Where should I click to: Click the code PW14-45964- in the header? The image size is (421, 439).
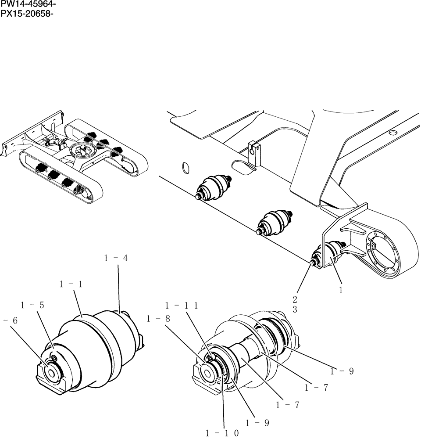pos(28,4)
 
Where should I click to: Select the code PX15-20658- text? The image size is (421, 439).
pos(28,13)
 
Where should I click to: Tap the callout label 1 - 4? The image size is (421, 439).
pos(116,259)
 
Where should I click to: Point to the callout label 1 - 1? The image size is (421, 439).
pos(71,284)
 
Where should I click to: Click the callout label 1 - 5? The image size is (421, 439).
pos(32,305)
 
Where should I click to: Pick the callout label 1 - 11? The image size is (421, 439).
pos(181,306)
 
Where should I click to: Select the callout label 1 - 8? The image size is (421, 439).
pos(158,319)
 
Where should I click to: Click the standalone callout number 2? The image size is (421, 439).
pos(295,300)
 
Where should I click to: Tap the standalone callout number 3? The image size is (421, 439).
pos(295,309)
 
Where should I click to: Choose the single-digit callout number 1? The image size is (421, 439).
pos(340,290)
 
